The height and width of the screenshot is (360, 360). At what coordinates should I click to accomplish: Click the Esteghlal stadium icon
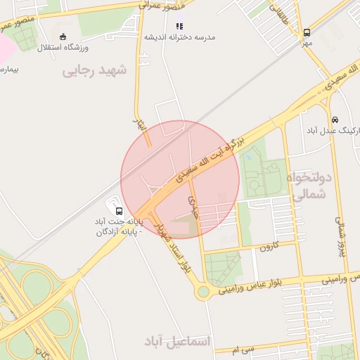coord(64,36)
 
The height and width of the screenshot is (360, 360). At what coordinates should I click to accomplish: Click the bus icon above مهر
coord(307,32)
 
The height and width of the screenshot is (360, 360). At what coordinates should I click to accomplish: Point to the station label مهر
coord(307,43)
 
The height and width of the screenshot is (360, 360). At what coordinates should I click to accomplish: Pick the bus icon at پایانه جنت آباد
coord(118,210)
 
